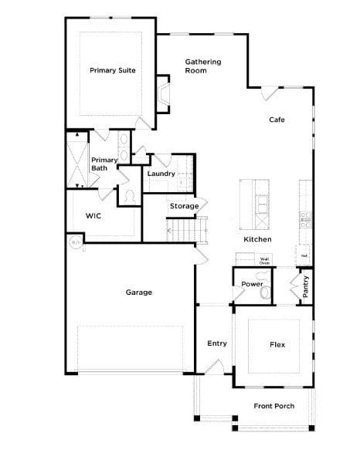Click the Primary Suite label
[x=113, y=70]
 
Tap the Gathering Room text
[x=203, y=66]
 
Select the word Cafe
[x=277, y=120]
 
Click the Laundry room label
[x=161, y=174]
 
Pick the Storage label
[x=184, y=206]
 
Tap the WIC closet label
[x=93, y=215]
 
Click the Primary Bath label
[x=104, y=164]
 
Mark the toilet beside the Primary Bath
[x=129, y=198]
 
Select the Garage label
[x=139, y=292]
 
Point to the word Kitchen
[x=257, y=240]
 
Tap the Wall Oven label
[x=264, y=261]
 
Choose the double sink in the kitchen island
[x=263, y=203]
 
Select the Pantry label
[x=306, y=286]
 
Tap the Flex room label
[x=277, y=345]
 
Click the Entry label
[x=217, y=343]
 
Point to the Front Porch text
[x=274, y=406]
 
